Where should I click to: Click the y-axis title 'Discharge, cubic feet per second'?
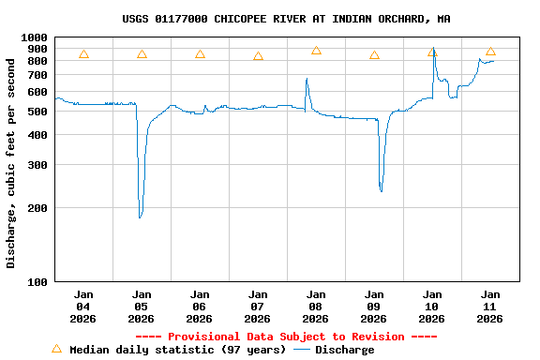(11, 162)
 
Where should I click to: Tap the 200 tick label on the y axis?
(38, 208)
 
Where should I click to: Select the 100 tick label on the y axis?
(38, 281)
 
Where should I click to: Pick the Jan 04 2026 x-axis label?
(83, 306)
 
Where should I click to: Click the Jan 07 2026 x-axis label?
(258, 306)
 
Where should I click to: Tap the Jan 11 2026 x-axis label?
(490, 306)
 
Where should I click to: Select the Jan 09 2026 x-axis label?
(374, 306)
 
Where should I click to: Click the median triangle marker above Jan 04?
(83, 54)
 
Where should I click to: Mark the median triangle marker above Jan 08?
(316, 51)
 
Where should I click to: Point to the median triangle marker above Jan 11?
(490, 52)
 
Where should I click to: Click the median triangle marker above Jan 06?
(200, 54)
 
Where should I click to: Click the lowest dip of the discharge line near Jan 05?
(140, 217)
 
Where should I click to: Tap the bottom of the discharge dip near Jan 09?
(382, 191)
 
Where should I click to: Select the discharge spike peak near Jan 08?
(307, 79)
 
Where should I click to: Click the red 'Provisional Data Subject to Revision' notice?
(286, 337)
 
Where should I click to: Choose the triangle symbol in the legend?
(56, 349)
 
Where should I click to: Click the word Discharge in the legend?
(344, 350)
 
